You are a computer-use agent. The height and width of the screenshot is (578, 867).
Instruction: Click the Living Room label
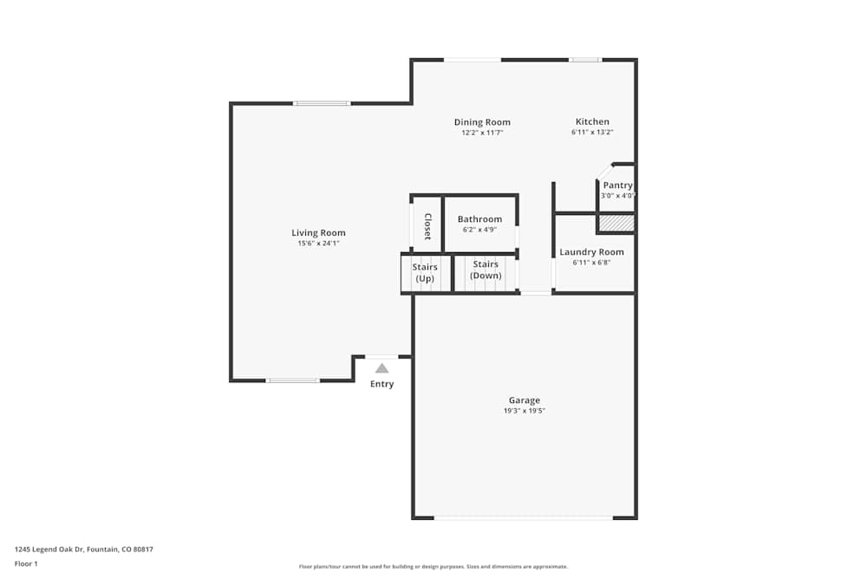pos(318,232)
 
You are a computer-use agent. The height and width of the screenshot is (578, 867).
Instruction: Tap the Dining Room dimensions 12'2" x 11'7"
pos(482,133)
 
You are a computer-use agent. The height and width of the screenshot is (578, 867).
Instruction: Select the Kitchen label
pos(592,122)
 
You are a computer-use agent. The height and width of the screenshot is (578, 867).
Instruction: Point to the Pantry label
pos(617,185)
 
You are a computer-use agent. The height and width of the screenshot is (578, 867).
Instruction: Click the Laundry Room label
pos(591,252)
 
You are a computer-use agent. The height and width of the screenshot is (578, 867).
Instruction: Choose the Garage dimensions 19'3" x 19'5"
pos(524,411)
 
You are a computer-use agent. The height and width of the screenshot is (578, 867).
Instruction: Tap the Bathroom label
pos(479,219)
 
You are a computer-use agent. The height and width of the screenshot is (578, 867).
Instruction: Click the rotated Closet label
pos(427,225)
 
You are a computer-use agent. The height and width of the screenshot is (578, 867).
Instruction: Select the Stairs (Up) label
pos(425,272)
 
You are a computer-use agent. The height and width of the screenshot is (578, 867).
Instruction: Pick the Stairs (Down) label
pos(486,270)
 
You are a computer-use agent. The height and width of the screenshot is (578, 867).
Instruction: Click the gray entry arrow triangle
pos(381,368)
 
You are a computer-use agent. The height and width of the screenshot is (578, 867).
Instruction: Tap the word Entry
pos(381,384)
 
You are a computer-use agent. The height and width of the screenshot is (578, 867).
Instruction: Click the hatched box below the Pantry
pos(616,224)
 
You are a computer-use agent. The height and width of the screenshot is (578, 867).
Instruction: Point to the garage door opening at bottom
pos(524,518)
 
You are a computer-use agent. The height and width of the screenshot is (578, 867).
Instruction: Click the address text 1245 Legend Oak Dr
pos(83,549)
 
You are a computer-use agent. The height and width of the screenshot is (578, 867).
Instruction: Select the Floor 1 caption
pos(26,563)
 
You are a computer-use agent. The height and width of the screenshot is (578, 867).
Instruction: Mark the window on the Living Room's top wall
pos(322,104)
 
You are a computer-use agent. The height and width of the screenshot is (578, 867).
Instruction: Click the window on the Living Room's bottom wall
pos(292,380)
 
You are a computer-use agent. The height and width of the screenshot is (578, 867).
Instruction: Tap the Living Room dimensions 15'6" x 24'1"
pos(318,244)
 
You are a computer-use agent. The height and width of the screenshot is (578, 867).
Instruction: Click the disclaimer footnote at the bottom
pos(433,567)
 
